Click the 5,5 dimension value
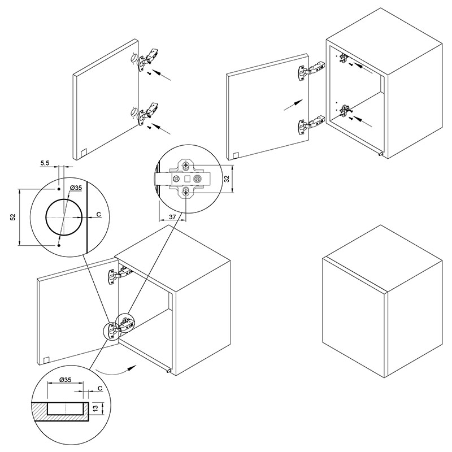coord(45,163)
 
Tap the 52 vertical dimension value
coord(13,217)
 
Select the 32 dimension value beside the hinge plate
coord(227,179)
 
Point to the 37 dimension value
coord(172,217)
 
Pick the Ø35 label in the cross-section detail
coord(65,380)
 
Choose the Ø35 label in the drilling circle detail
coord(76,188)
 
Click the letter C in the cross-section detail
coord(100,388)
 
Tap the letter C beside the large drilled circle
coord(98,214)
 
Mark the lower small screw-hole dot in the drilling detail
coord(59,245)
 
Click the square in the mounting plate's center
coord(186,179)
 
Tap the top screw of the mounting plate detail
coord(186,166)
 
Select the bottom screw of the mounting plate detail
coord(186,192)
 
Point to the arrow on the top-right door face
coord(293,105)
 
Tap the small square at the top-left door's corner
coord(83,152)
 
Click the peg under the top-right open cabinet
coord(380,154)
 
